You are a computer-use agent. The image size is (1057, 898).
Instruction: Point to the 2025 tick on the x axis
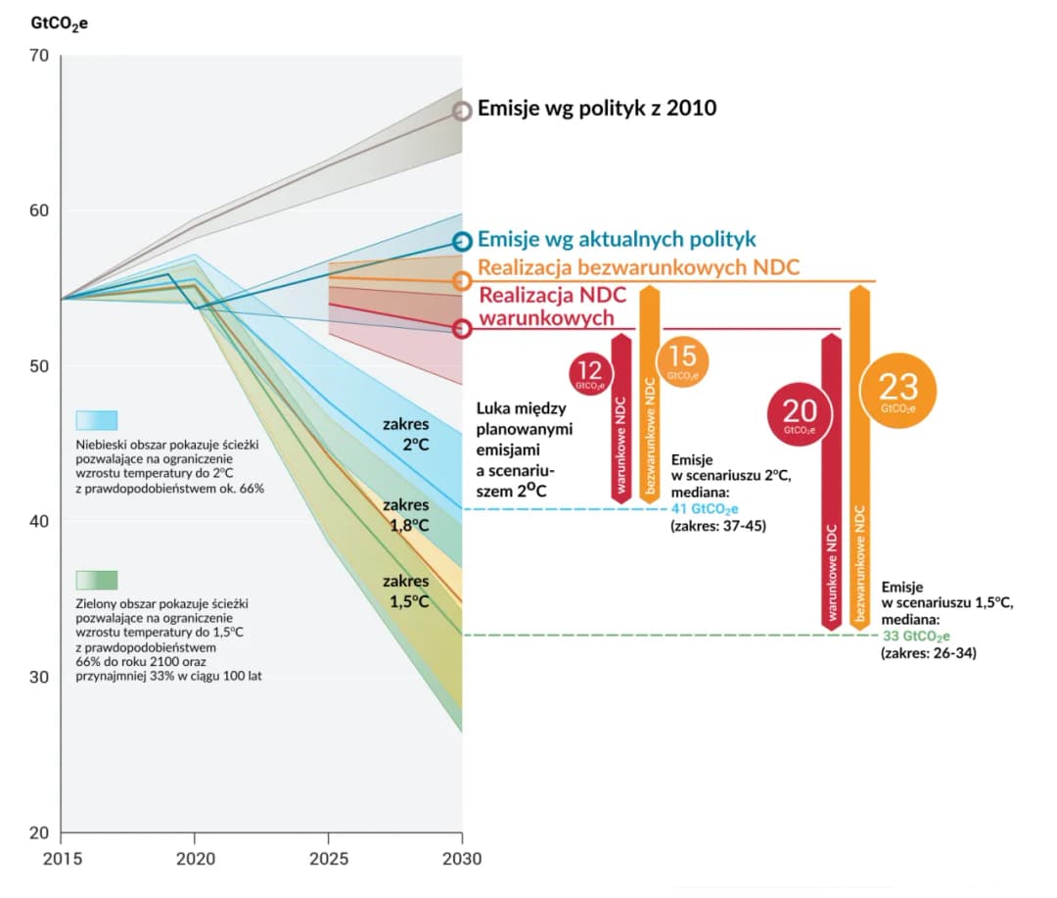[x=328, y=859]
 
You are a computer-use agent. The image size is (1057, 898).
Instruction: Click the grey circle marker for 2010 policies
[x=462, y=110]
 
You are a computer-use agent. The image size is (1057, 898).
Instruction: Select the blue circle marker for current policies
[x=462, y=241]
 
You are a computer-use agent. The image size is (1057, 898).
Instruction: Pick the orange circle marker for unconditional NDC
[x=462, y=281]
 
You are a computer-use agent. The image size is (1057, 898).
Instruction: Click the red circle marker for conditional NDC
[x=462, y=329]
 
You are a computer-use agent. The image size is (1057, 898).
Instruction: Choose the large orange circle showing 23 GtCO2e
[x=897, y=389]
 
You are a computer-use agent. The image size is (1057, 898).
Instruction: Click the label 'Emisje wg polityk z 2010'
[x=597, y=108]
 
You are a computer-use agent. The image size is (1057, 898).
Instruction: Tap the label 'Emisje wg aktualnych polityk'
[x=617, y=240]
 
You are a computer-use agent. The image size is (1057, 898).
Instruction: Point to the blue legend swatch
[x=97, y=420]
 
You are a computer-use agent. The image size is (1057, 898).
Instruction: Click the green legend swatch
[x=97, y=580]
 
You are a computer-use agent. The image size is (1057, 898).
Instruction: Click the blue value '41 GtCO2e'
[x=705, y=509]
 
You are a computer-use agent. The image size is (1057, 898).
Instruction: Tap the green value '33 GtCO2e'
[x=916, y=636]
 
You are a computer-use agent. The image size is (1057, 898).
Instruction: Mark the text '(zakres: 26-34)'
[x=928, y=652]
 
